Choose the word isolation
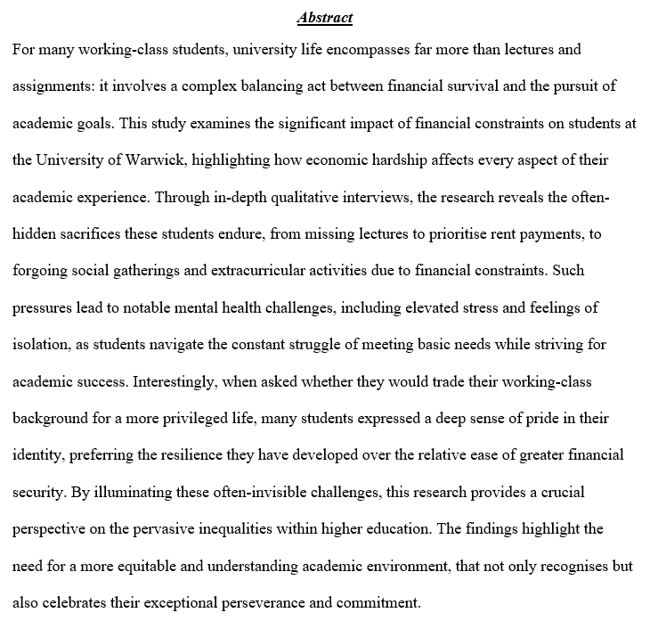coord(41,343)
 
